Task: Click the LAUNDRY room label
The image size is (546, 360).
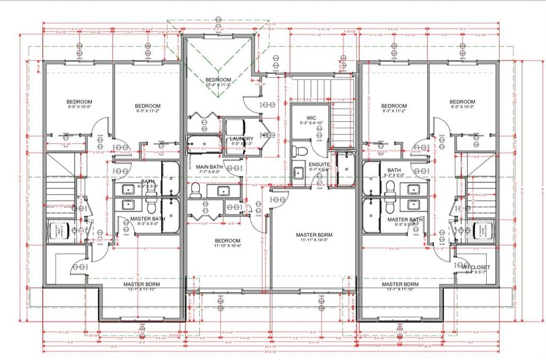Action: (241, 139)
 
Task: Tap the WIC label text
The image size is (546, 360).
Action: (312, 118)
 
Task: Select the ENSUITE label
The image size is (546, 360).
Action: (320, 164)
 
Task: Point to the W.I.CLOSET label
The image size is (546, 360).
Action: (476, 267)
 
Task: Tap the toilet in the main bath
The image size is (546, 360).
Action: (195, 188)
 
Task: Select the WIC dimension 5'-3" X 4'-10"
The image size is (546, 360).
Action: (312, 123)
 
